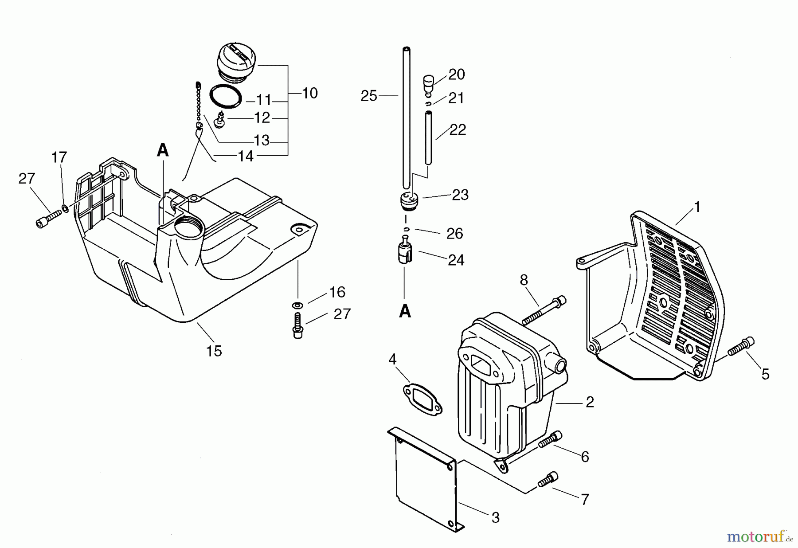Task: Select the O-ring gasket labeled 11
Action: (226, 95)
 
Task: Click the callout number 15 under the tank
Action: (214, 351)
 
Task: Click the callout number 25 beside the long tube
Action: (368, 96)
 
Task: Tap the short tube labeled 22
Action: (429, 138)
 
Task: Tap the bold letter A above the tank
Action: (163, 151)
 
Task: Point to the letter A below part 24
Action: (405, 312)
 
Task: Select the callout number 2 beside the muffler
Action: (589, 402)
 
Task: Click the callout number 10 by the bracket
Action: (310, 93)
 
